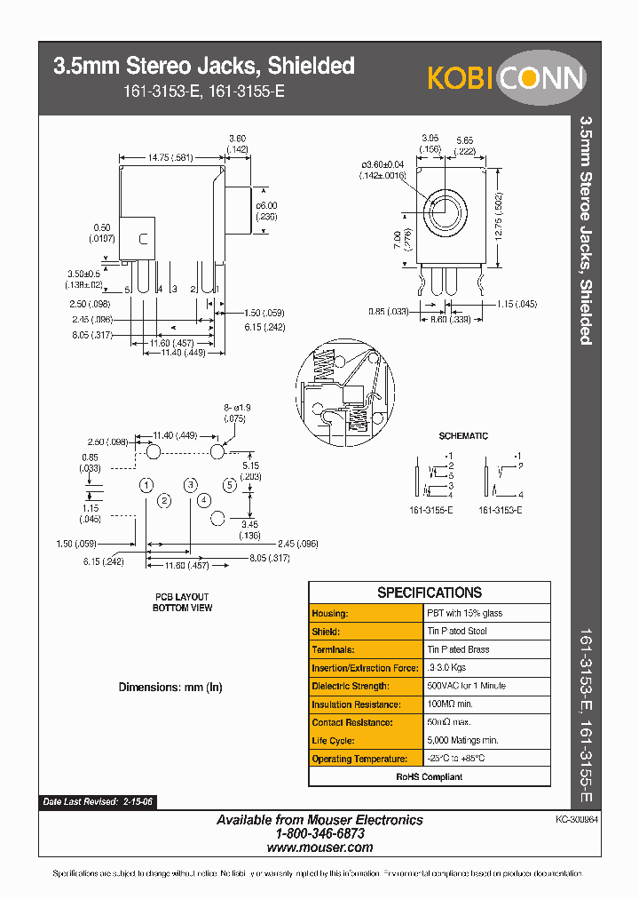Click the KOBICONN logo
(506, 78)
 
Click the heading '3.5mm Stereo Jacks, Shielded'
(204, 66)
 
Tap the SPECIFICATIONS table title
(430, 593)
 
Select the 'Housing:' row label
(330, 614)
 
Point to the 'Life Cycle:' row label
(334, 741)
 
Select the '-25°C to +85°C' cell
(456, 759)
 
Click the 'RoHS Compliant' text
(430, 777)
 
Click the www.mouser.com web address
(319, 847)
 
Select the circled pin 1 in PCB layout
(146, 485)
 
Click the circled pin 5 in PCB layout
(229, 485)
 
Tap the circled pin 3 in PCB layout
(190, 485)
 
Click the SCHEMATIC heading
(463, 436)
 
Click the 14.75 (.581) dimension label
(171, 157)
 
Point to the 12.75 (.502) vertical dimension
(499, 213)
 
